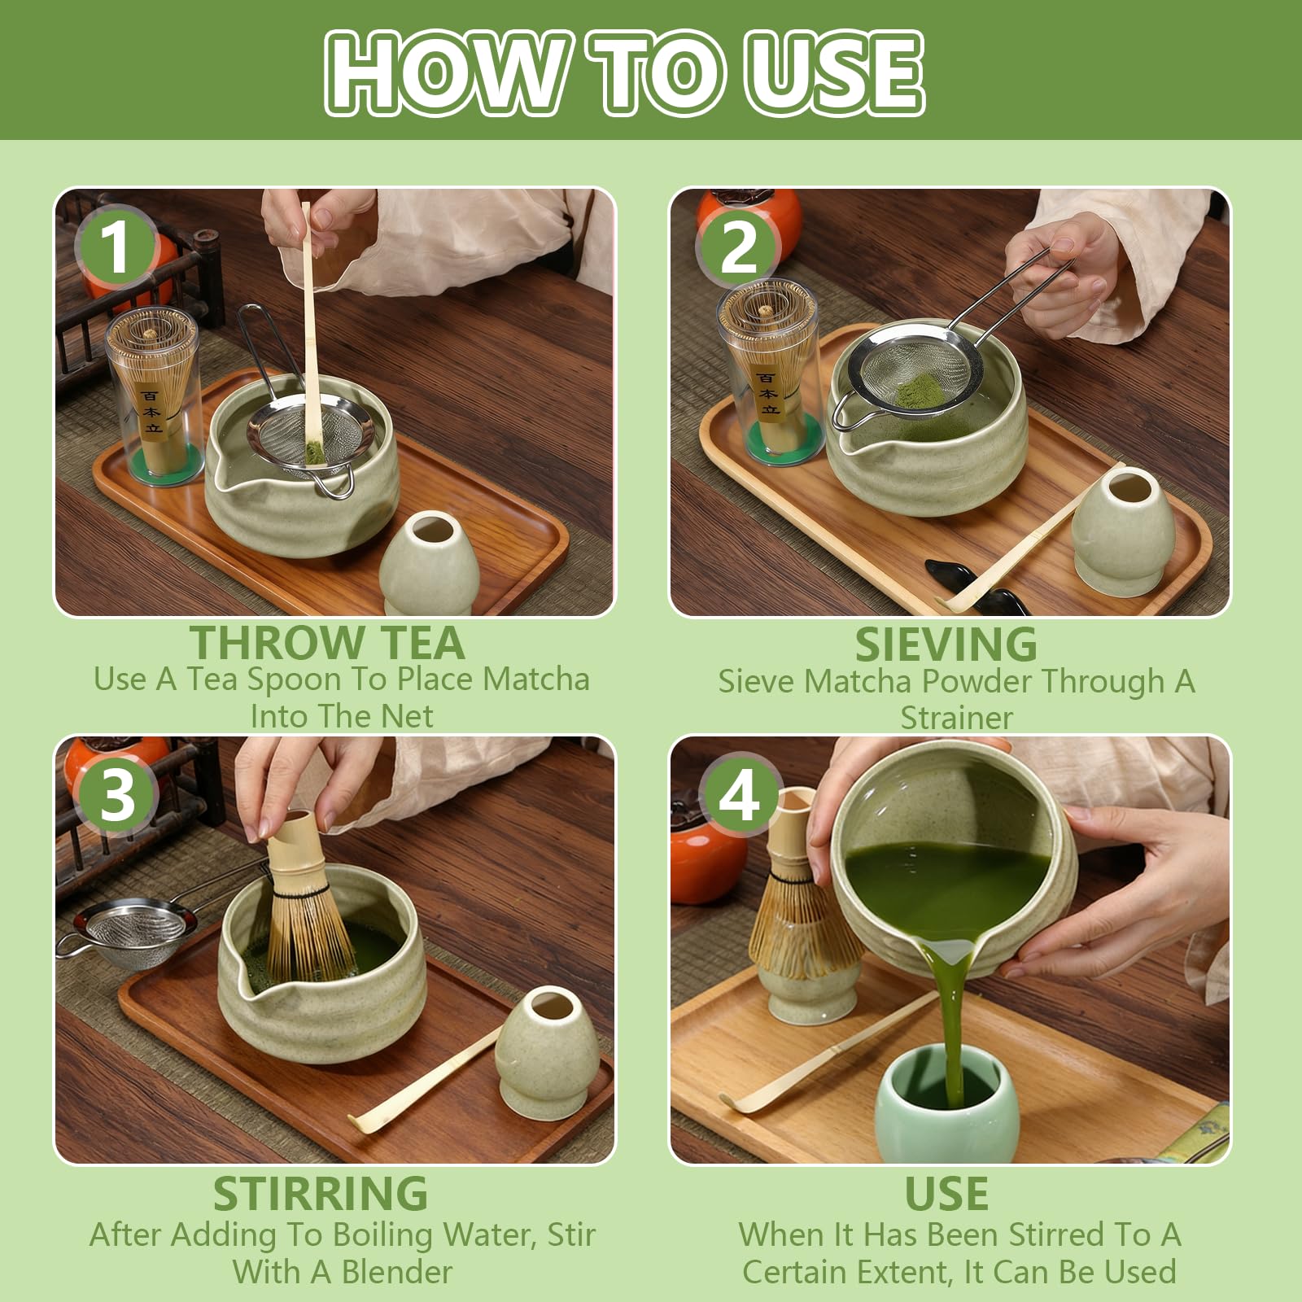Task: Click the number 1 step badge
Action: pyautogui.click(x=116, y=247)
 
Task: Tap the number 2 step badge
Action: pyautogui.click(x=738, y=247)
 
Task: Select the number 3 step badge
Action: pyautogui.click(x=116, y=794)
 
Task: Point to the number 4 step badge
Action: pyautogui.click(x=739, y=794)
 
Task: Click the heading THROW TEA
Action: pyautogui.click(x=327, y=643)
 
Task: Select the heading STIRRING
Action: pyautogui.click(x=320, y=1194)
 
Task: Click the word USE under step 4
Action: pyautogui.click(x=946, y=1194)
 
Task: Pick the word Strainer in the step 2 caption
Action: pyautogui.click(x=956, y=718)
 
